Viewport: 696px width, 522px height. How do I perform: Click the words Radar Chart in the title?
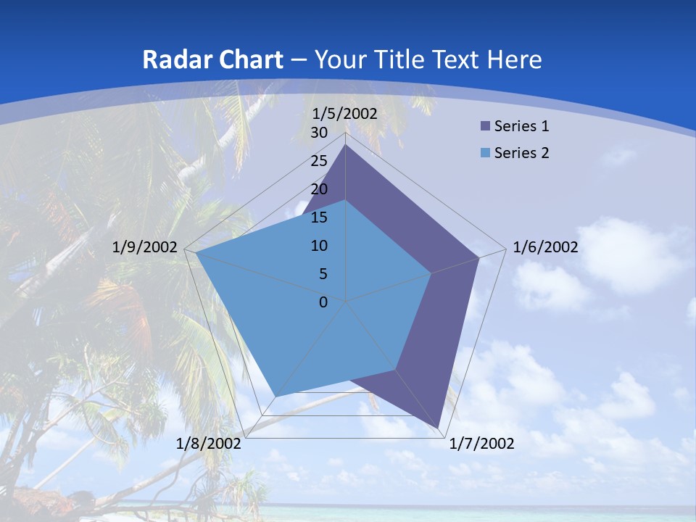[212, 59]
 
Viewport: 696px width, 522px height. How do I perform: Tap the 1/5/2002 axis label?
[345, 114]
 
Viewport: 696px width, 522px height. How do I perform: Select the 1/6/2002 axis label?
[545, 247]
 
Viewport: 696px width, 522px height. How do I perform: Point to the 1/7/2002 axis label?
[481, 444]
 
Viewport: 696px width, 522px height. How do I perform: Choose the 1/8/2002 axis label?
[209, 444]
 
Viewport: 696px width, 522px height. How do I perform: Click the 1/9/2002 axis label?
[145, 247]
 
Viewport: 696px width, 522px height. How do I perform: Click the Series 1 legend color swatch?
[484, 126]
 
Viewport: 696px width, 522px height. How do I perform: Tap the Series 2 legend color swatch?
[484, 153]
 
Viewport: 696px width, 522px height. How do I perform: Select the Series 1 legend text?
[521, 126]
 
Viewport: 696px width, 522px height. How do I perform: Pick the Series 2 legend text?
[521, 153]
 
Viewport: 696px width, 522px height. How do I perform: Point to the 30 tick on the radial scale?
[319, 133]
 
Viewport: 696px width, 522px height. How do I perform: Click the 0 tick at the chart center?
[323, 302]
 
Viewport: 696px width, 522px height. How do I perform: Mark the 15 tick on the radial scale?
[319, 217]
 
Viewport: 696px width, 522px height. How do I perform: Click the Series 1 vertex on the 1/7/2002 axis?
[438, 428]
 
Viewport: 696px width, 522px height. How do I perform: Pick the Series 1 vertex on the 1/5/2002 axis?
[345, 144]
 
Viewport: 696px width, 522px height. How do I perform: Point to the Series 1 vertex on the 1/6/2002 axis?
[478, 257]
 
